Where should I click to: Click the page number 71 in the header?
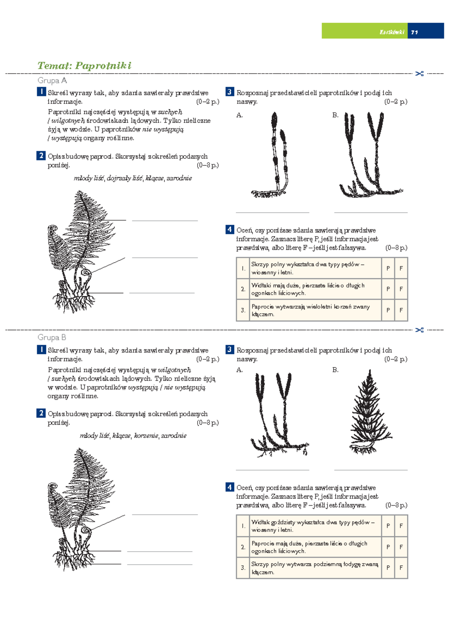point(414,32)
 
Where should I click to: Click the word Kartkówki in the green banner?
point(392,32)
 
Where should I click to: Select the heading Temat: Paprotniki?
point(84,65)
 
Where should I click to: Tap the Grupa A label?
point(52,80)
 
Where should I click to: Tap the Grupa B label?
point(52,337)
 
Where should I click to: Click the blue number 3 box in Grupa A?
point(229,92)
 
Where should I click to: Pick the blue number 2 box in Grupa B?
point(41,413)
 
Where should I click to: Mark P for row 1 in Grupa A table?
point(388,268)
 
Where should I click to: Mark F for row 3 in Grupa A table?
point(401,310)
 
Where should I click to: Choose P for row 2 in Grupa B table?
point(388,547)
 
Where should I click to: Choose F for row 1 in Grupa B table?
point(401,526)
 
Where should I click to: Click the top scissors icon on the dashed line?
point(419,74)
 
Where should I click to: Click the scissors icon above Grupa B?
point(419,330)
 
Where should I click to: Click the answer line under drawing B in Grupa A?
point(371,212)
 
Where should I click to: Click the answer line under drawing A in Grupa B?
point(272,470)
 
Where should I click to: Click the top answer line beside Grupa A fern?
point(165,220)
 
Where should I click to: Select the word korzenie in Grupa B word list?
point(146,436)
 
